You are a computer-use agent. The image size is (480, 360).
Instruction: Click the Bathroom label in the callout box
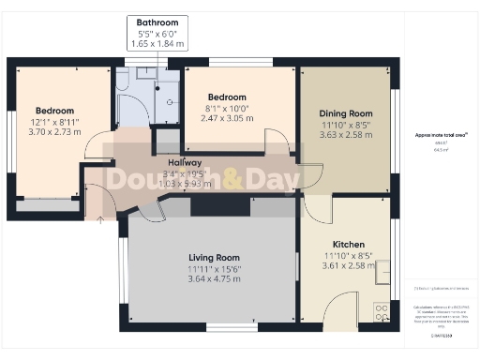click(157, 22)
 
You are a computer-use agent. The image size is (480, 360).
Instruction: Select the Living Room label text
click(214, 257)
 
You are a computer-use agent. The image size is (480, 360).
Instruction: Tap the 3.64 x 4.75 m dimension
click(214, 278)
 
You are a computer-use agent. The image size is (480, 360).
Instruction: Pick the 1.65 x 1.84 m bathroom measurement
click(157, 44)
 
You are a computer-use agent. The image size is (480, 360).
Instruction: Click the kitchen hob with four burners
click(382, 311)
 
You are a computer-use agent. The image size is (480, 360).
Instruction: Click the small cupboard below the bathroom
click(166, 142)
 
